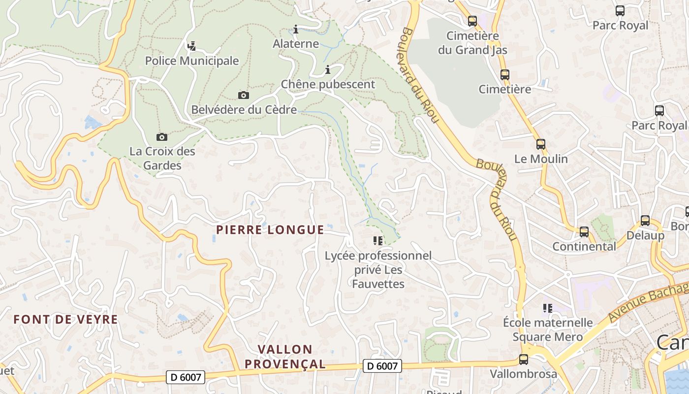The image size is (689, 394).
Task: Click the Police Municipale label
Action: pyautogui.click(x=191, y=61)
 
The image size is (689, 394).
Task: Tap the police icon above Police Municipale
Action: pyautogui.click(x=191, y=46)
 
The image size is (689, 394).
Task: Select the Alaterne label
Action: pyautogui.click(x=296, y=44)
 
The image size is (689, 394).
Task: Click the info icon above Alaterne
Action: pyautogui.click(x=296, y=30)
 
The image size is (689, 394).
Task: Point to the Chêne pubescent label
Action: pyautogui.click(x=328, y=84)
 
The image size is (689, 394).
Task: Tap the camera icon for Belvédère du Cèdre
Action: pyautogui.click(x=243, y=95)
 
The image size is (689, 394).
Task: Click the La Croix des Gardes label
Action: pyautogui.click(x=162, y=158)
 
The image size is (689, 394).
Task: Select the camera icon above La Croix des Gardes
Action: pyautogui.click(x=161, y=137)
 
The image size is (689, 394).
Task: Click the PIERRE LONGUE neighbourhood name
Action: pyautogui.click(x=270, y=230)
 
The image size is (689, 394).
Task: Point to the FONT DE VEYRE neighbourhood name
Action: pyautogui.click(x=65, y=320)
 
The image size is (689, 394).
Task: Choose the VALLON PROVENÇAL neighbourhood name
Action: pyautogui.click(x=285, y=357)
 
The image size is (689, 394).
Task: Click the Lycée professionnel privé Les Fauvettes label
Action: pyautogui.click(x=378, y=270)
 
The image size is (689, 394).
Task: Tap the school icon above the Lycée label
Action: pyautogui.click(x=378, y=241)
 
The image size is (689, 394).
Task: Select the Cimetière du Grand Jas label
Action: pyautogui.click(x=472, y=43)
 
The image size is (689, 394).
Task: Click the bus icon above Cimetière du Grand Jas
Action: pyautogui.click(x=472, y=21)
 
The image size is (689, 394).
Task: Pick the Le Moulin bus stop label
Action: pyautogui.click(x=541, y=159)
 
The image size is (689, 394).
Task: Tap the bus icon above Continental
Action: pyautogui.click(x=584, y=231)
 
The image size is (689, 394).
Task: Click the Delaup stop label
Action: pyautogui.click(x=645, y=235)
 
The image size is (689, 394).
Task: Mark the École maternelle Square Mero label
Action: pyautogui.click(x=548, y=330)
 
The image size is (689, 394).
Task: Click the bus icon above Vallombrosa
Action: pyautogui.click(x=524, y=360)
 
